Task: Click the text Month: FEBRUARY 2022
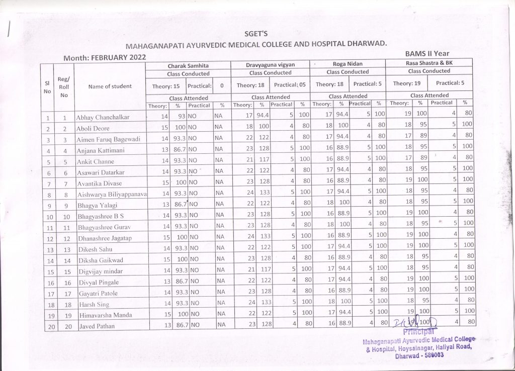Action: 104,58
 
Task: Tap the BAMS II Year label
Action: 426,53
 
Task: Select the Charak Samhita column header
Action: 188,65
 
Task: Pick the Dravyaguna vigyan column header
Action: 270,65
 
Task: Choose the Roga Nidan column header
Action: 348,64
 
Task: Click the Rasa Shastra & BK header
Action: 429,63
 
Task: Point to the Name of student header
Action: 110,86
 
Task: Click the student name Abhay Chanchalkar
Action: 103,118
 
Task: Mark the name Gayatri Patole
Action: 98,293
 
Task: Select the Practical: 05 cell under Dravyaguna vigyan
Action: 290,84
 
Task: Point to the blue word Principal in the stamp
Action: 418,332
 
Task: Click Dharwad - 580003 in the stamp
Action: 419,355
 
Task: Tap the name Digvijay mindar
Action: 101,271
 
